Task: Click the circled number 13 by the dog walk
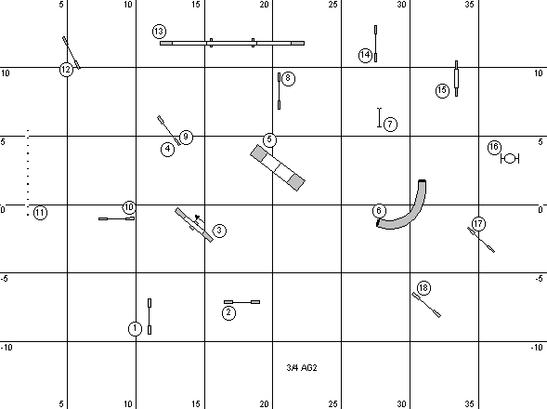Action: [x=159, y=32]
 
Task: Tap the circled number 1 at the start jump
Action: [x=135, y=329]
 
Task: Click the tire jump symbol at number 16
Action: [x=510, y=159]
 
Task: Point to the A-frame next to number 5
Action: [x=278, y=167]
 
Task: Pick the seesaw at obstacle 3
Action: [x=194, y=225]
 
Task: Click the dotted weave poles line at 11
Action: [x=28, y=173]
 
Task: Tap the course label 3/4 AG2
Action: [x=302, y=367]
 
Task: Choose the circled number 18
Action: [x=423, y=288]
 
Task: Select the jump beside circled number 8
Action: [x=279, y=91]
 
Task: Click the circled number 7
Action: [x=390, y=124]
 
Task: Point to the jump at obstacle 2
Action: [x=241, y=302]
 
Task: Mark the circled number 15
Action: [x=442, y=91]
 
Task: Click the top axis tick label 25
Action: [x=333, y=5]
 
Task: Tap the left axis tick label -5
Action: [x=5, y=279]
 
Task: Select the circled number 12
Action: [x=66, y=70]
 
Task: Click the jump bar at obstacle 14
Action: [x=375, y=44]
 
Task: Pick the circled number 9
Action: [x=186, y=137]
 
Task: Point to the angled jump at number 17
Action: [x=481, y=240]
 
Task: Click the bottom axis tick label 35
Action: [x=470, y=404]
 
